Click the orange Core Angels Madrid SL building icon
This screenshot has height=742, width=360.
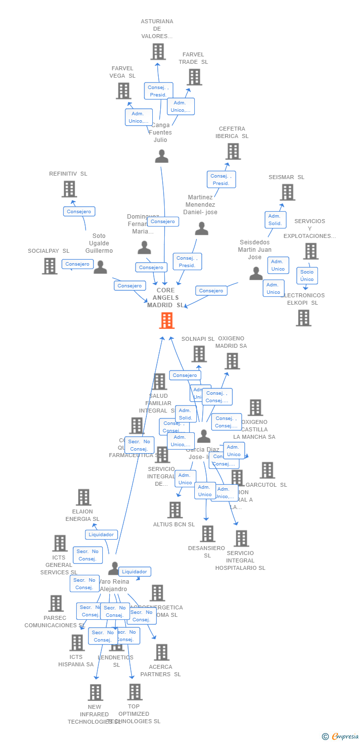point(167,321)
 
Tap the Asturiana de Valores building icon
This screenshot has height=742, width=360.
point(158,51)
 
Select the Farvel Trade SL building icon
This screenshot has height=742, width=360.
point(194,77)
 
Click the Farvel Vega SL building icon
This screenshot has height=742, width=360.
point(123,91)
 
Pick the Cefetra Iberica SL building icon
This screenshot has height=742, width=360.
point(233,151)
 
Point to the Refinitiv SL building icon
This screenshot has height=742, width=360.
point(69,189)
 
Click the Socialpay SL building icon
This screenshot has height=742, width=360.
point(49,266)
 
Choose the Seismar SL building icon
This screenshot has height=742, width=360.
point(287,192)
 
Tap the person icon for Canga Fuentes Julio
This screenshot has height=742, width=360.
point(162,156)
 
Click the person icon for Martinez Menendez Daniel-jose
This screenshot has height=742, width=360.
point(201,229)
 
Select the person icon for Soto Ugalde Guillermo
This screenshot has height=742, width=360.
point(100,268)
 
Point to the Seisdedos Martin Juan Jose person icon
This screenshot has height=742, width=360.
point(256,274)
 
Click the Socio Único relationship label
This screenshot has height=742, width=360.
point(307,276)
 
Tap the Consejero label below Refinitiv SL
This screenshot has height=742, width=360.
point(79,211)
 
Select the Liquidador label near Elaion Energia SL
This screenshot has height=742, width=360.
point(101,534)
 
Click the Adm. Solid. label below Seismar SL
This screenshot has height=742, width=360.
point(275,220)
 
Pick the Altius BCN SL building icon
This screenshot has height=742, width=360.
point(175,510)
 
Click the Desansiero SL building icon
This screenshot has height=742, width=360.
point(208,534)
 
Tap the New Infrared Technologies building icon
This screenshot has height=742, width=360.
point(95,693)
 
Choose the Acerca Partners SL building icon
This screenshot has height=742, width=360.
point(161,652)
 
